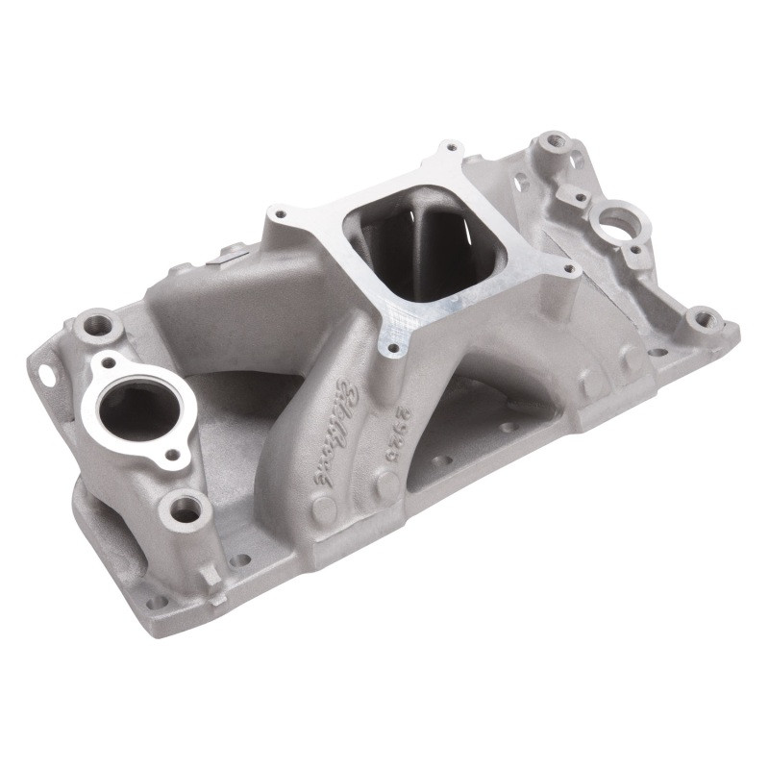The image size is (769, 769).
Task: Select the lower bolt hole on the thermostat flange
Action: tap(173, 455)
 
